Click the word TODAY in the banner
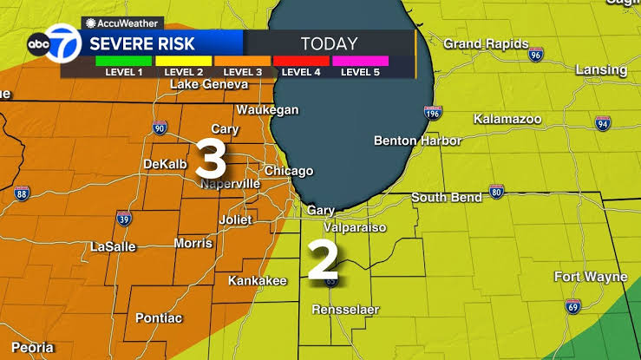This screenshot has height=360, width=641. pos(329,43)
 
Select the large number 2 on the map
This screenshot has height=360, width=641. pos(323,259)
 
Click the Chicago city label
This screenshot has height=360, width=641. pos(288,171)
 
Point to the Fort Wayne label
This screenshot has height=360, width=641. pos(590,277)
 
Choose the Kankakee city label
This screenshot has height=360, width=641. pos(257,281)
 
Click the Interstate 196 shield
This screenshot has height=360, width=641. pos(431,113)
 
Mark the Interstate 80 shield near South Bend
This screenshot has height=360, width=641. pos(496,192)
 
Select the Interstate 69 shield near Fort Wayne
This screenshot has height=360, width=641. pos(572,305)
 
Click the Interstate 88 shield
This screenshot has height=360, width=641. pos(21,194)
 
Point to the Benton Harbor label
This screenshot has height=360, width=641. pos(414,141)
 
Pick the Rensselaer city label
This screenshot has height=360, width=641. pos(346,310)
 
